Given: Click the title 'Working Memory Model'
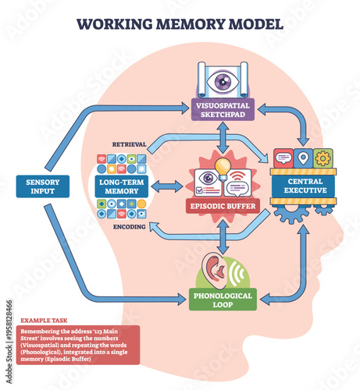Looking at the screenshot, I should pyautogui.click(x=180, y=23).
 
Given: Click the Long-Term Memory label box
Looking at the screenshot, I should pyautogui.click(x=120, y=187).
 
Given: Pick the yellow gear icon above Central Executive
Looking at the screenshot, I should pyautogui.click(x=322, y=158).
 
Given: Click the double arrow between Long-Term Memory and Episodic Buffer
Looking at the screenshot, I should pyautogui.click(x=166, y=187).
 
